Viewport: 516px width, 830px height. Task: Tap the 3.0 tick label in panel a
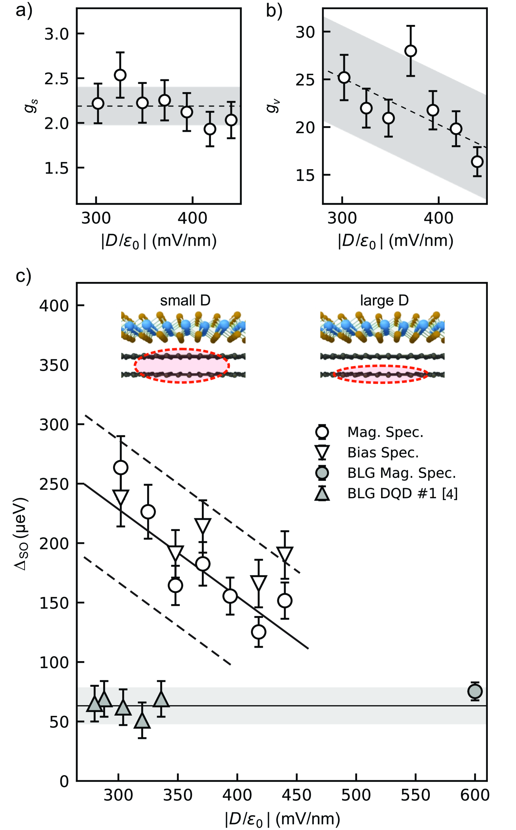(x=56, y=34)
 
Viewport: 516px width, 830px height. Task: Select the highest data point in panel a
(x=120, y=75)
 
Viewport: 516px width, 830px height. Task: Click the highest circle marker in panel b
(x=411, y=51)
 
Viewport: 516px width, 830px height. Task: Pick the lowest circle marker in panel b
(x=477, y=162)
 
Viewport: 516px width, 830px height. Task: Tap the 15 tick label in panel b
(x=305, y=175)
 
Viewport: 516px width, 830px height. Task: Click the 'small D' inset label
(x=185, y=301)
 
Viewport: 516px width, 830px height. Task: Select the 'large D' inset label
(x=384, y=301)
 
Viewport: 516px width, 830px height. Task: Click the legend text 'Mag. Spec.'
(x=385, y=432)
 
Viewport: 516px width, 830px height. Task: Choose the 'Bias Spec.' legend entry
(x=383, y=453)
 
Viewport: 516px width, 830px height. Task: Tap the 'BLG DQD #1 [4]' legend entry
(x=402, y=494)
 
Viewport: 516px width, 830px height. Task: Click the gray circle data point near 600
(x=475, y=691)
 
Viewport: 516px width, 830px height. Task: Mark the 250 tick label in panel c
(x=54, y=484)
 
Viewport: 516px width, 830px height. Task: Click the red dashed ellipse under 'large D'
(x=380, y=374)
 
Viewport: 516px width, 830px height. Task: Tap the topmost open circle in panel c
(x=121, y=467)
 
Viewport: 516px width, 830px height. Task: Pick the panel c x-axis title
(x=282, y=819)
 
